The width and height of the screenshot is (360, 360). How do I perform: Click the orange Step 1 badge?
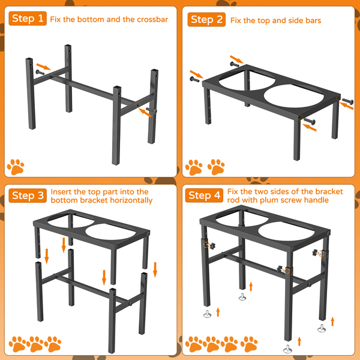coord(28,19)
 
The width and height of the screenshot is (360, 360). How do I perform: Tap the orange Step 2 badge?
coord(206,20)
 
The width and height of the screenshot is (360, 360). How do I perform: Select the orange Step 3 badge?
coord(28,196)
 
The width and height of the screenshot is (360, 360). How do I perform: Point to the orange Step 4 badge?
coord(204,196)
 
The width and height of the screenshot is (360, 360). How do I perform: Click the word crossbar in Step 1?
coord(152,20)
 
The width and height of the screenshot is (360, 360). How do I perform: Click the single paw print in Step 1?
coord(16,167)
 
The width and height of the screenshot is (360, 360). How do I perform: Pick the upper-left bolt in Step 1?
coord(40,73)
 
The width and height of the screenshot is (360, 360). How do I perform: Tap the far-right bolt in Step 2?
coord(348,101)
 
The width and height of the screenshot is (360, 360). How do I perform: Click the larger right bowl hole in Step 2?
coord(293,96)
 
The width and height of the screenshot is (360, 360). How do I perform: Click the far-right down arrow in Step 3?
coord(155,270)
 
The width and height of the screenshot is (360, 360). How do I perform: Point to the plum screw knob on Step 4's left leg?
coord(212,245)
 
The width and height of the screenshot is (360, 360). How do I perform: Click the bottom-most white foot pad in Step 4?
coord(287,349)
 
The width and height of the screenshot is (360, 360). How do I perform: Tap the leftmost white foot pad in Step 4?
coord(208,314)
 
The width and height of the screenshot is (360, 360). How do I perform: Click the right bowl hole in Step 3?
coord(110,232)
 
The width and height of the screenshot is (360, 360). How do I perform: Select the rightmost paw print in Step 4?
coord(249,344)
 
